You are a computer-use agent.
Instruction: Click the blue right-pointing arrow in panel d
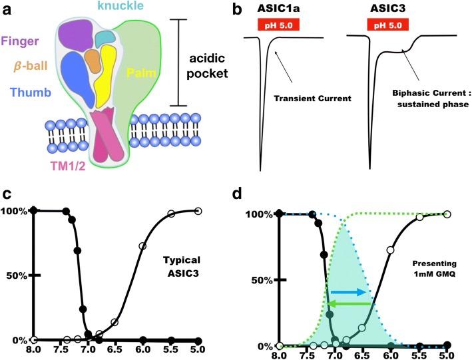(x=348, y=292)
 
